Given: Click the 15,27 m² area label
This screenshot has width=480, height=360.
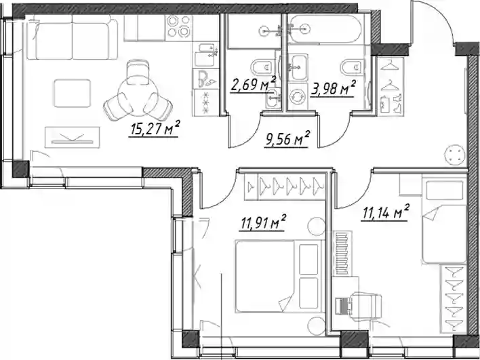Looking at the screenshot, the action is pos(155,129).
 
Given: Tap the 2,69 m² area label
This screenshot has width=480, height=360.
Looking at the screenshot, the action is pos(253,84).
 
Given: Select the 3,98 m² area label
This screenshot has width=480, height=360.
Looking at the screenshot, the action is pos(333,88).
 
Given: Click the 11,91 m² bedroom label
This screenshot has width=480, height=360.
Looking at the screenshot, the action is pos(263,222).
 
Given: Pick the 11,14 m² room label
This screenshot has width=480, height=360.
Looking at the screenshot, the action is pos(385,212).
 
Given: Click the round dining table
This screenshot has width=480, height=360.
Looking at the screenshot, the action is pos(138,96).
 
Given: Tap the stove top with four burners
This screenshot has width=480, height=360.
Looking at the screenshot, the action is pos(178,26).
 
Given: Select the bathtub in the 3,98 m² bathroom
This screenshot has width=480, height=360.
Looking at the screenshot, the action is pos(326,29).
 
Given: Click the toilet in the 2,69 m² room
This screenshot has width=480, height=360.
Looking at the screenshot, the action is pos(262,66).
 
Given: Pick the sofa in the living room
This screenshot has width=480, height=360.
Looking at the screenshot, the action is pos(72,37).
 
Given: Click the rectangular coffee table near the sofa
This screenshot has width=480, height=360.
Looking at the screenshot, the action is pos(73,94).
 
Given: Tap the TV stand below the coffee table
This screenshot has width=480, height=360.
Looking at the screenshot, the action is pos(73,138).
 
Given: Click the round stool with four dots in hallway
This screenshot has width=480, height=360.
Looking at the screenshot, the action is pos(455,155).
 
